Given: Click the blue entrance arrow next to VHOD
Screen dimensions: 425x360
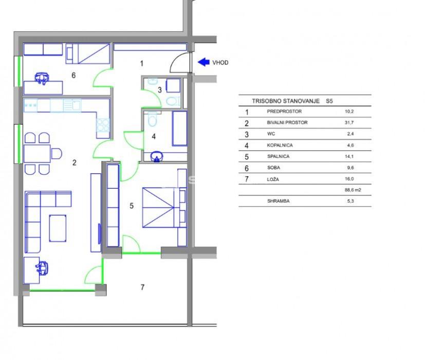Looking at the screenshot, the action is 204,62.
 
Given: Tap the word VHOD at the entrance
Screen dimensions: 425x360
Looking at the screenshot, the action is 220,63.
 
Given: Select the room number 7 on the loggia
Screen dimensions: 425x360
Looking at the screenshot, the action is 142,287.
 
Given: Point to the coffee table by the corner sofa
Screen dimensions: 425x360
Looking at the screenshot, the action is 58,228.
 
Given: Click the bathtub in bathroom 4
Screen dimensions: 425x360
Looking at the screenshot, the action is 179,128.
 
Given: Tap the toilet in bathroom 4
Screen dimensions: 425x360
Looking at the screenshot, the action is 153,120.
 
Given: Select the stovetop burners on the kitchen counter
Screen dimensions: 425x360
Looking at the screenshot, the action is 103,125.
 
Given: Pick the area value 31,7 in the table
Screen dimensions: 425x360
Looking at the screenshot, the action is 349,122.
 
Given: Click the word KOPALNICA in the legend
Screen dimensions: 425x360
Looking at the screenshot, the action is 280,145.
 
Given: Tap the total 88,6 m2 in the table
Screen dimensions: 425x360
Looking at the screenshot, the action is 353,190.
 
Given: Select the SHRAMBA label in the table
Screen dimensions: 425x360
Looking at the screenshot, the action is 279,201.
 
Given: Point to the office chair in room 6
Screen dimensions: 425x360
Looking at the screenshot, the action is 42,78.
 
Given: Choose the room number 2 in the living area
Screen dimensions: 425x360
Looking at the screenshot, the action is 75,163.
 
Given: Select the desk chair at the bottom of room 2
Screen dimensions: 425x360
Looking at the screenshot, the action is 42,268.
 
